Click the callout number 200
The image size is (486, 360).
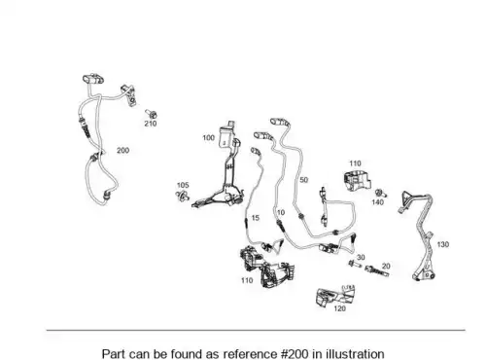point(122,150)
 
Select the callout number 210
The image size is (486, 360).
point(151,124)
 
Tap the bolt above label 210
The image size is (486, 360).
point(152,114)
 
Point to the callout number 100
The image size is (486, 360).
point(209,138)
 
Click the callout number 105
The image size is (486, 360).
point(183,185)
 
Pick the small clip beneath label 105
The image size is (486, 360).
point(183,196)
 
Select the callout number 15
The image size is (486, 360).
point(256,218)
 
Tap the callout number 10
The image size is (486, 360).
point(281,212)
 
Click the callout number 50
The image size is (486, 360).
point(303,180)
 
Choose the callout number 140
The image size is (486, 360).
point(377,202)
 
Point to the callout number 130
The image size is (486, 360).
point(443,244)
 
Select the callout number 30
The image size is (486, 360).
point(361,258)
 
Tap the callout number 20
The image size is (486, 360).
point(386,267)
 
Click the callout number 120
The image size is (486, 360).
point(340,308)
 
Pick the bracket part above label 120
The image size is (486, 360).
point(335,296)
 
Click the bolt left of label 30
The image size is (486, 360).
point(355,264)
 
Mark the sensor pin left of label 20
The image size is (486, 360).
point(376,271)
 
